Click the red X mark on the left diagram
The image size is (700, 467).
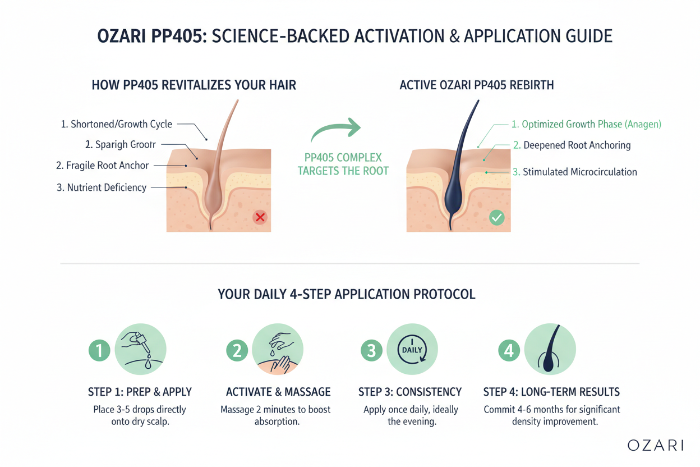click(260, 217)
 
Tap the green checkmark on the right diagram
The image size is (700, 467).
click(496, 217)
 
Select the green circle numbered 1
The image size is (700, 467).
click(99, 351)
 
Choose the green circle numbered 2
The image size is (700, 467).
click(237, 351)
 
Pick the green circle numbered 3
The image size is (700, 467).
click(371, 351)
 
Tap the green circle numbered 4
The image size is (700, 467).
click(509, 351)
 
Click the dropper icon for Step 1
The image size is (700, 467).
click(140, 349)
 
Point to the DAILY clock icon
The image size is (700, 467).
click(412, 349)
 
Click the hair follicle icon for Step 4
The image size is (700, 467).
click(550, 349)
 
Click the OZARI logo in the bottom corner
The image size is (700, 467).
click(655, 445)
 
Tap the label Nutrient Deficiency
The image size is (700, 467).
click(102, 187)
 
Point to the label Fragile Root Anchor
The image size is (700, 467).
click(103, 166)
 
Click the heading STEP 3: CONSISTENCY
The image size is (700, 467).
click(410, 392)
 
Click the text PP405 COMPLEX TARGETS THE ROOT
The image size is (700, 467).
click(343, 164)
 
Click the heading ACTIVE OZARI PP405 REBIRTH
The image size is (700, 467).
click(476, 85)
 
